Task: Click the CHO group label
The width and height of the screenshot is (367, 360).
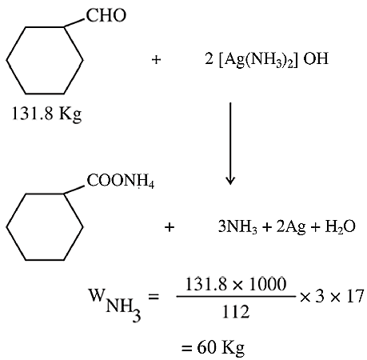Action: point(106,15)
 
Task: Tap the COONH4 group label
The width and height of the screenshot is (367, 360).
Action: point(121,181)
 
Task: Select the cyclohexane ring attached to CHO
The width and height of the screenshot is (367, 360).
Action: point(45,60)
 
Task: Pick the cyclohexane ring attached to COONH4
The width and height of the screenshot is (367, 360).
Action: point(45,227)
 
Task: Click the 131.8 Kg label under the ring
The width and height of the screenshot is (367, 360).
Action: point(46,114)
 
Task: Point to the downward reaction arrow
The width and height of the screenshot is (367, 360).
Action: point(230,143)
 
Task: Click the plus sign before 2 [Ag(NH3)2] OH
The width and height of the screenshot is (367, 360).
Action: point(156,59)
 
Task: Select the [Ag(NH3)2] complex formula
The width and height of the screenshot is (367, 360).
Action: point(258,59)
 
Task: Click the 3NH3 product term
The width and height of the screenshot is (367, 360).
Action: point(237,227)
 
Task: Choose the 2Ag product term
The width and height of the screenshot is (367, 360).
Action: point(291,228)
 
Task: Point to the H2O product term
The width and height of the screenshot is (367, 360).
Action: point(341,227)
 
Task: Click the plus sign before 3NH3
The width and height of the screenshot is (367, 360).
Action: point(170,227)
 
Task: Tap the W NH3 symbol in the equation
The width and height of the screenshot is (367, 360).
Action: point(114,305)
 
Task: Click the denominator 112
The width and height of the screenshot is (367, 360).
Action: point(236,311)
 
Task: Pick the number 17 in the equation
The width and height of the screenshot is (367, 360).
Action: point(355,296)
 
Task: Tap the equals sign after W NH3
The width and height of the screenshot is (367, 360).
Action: point(154,297)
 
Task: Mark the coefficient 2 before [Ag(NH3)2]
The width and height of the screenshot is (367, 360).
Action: point(209,58)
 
